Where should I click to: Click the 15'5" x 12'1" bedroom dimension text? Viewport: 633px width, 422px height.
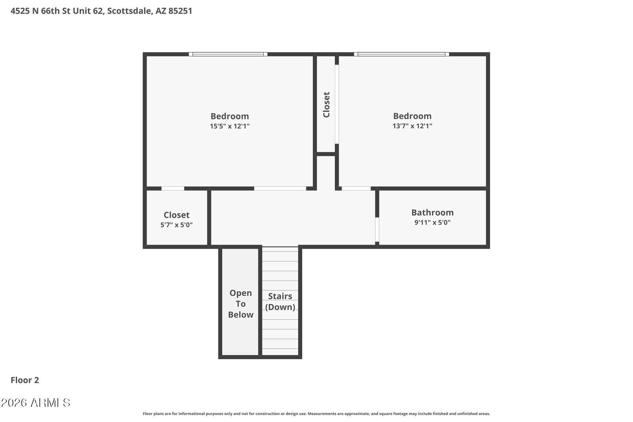pyautogui.click(x=229, y=126)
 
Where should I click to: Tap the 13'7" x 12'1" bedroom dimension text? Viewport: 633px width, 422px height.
pyautogui.click(x=412, y=126)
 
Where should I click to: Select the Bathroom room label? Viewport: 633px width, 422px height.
pyautogui.click(x=432, y=212)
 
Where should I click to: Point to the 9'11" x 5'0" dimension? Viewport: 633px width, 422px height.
pyautogui.click(x=432, y=222)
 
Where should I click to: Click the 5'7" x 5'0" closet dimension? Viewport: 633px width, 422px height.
pyautogui.click(x=176, y=225)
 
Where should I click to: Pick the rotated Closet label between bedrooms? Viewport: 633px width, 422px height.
pyautogui.click(x=326, y=105)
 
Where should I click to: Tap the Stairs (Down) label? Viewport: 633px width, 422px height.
pyautogui.click(x=280, y=301)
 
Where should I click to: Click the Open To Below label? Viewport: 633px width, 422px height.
pyautogui.click(x=241, y=304)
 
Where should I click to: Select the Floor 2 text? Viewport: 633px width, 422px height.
pyautogui.click(x=25, y=380)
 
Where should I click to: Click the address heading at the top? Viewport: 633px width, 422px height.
pyautogui.click(x=101, y=11)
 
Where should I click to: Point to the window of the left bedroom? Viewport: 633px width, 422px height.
pyautogui.click(x=228, y=54)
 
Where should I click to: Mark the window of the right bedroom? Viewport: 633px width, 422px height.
pyautogui.click(x=401, y=54)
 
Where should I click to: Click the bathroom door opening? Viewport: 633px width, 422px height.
pyautogui.click(x=377, y=229)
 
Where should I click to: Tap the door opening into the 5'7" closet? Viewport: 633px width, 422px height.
pyautogui.click(x=173, y=188)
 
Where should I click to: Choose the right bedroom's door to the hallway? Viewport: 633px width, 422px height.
pyautogui.click(x=356, y=188)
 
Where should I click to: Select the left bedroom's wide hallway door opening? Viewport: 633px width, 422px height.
pyautogui.click(x=280, y=188)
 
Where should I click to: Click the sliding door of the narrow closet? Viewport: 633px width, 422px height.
pyautogui.click(x=337, y=104)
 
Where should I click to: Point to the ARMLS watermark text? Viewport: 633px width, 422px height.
pyautogui.click(x=35, y=403)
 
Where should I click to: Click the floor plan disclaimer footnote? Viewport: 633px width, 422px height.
pyautogui.click(x=316, y=414)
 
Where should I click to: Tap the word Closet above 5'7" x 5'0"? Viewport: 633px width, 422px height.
pyautogui.click(x=176, y=215)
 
